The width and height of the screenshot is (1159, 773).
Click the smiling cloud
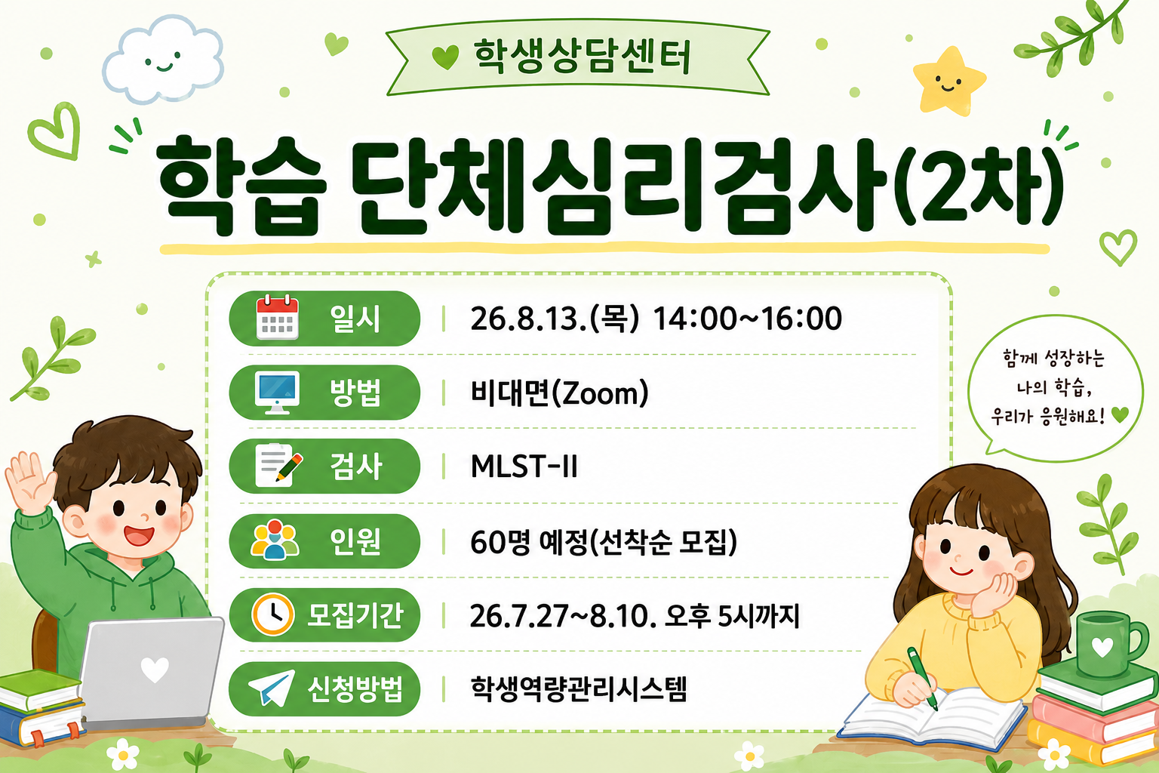coord(164,60)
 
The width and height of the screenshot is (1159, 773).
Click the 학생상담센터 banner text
coord(582,57)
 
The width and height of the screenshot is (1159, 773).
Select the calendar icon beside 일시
coord(278,317)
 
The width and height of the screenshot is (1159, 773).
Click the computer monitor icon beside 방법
coord(278,393)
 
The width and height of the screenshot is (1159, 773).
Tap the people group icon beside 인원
coord(275,540)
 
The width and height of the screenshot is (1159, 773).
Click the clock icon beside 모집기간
coord(272,614)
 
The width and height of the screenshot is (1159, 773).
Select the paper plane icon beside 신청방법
coord(272,688)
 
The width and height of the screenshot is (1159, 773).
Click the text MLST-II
coord(524,466)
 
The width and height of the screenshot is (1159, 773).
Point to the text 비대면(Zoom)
coord(559,393)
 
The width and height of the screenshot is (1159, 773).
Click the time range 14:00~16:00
coord(747,318)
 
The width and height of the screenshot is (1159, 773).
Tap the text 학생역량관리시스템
coord(579,688)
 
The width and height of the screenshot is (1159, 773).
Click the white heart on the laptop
coord(155,669)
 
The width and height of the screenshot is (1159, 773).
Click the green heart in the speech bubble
coord(1121,414)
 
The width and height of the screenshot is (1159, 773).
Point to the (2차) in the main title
coord(979,186)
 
